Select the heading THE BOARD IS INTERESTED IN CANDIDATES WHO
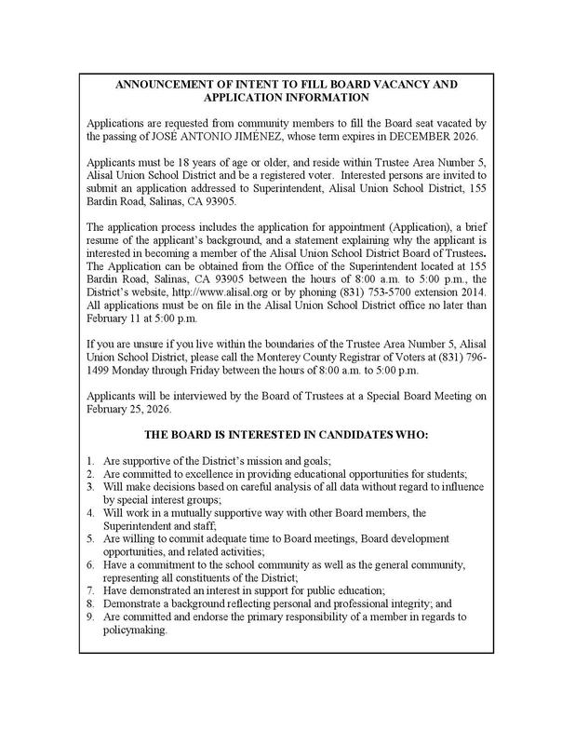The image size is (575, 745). coord(287,434)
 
